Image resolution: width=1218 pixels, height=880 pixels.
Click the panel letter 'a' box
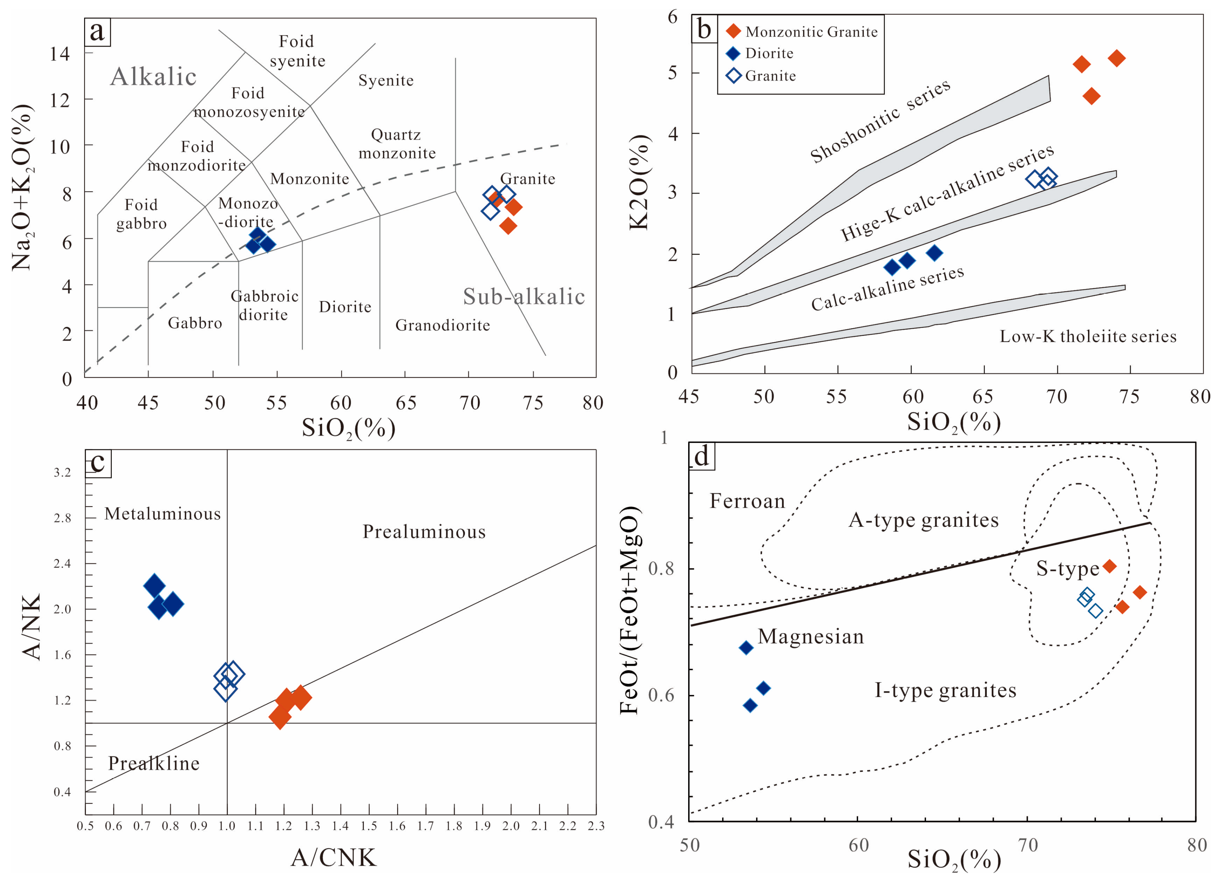[x=97, y=32]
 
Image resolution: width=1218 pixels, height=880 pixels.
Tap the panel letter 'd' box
[x=701, y=456]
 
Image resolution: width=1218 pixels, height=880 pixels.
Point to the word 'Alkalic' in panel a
[x=154, y=77]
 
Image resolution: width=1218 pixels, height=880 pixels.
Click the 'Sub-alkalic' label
[x=524, y=296]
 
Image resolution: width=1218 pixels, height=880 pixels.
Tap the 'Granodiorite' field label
[x=442, y=325]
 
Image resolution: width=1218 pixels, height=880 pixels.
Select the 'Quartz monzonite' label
[x=397, y=144]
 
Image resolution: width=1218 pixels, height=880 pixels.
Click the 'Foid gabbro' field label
[x=141, y=214]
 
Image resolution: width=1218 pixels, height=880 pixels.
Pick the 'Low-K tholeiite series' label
[x=1088, y=336]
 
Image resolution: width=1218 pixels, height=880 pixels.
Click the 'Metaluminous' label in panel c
[x=163, y=514]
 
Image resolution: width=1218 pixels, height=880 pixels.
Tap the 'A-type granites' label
[x=924, y=520]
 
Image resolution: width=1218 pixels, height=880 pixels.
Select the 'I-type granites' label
[x=945, y=690]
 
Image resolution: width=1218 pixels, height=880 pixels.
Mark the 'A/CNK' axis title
[x=334, y=857]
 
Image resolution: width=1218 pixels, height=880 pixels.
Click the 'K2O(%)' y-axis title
[x=639, y=183]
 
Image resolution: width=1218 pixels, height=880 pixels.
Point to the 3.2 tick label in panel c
[x=62, y=473]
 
